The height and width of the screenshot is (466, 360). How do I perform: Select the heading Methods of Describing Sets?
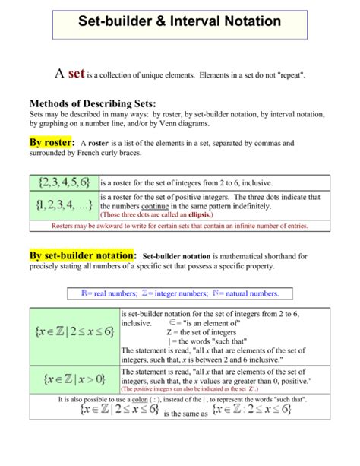pos(92,103)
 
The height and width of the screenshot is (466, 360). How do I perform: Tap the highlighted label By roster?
pos(52,144)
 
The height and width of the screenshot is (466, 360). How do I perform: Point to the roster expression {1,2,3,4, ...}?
pos(63,205)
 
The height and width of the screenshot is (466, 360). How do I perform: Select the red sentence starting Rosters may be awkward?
pos(180,226)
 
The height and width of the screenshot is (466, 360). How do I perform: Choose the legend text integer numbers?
pos(175,293)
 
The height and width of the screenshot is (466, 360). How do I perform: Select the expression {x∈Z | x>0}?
pos(74,378)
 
